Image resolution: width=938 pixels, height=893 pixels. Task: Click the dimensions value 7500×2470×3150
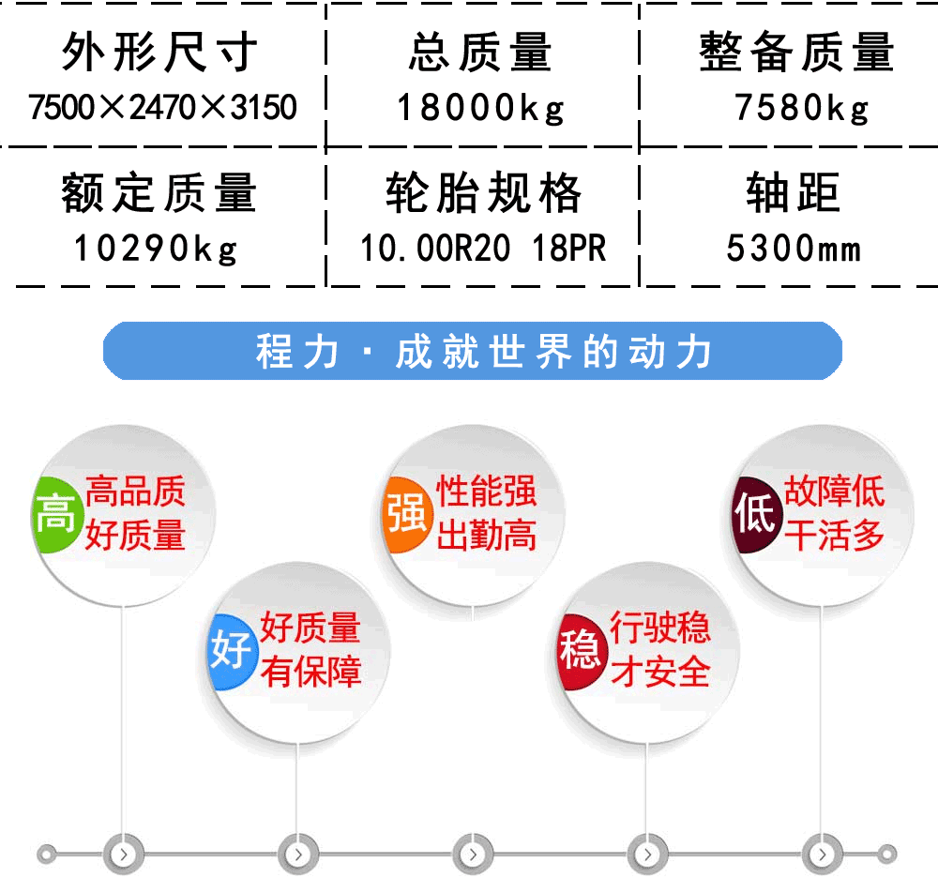(162, 107)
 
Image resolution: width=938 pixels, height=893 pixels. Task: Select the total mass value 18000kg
(481, 108)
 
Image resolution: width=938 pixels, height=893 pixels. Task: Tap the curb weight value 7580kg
(802, 108)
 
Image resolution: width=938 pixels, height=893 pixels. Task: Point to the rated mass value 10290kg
(156, 249)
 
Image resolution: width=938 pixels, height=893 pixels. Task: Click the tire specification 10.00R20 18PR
(483, 249)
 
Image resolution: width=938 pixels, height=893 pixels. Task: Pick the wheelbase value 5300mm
(794, 249)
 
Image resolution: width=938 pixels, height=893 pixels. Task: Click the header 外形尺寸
(159, 52)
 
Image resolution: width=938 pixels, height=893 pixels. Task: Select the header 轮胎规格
(483, 192)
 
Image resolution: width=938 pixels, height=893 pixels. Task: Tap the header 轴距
(794, 192)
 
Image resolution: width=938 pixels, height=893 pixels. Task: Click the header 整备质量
(796, 52)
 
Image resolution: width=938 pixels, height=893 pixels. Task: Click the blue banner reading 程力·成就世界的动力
(473, 351)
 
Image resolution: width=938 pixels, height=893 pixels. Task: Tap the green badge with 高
(55, 514)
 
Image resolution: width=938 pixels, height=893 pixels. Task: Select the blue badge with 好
(232, 651)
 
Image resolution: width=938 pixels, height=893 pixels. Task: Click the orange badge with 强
(407, 514)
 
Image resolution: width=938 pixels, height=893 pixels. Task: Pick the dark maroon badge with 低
(756, 514)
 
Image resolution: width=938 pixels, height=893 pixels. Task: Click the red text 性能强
(486, 492)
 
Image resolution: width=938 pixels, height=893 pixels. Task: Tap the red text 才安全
(660, 671)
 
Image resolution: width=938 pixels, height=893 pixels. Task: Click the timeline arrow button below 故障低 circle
(822, 855)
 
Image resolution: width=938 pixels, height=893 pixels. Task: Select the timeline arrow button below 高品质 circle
(123, 855)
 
